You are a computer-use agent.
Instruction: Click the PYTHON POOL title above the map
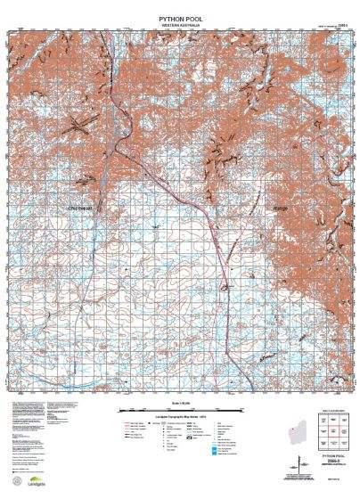(x=179, y=17)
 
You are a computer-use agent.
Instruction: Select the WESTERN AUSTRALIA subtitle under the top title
(x=179, y=25)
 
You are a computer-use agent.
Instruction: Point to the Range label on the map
(x=278, y=209)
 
